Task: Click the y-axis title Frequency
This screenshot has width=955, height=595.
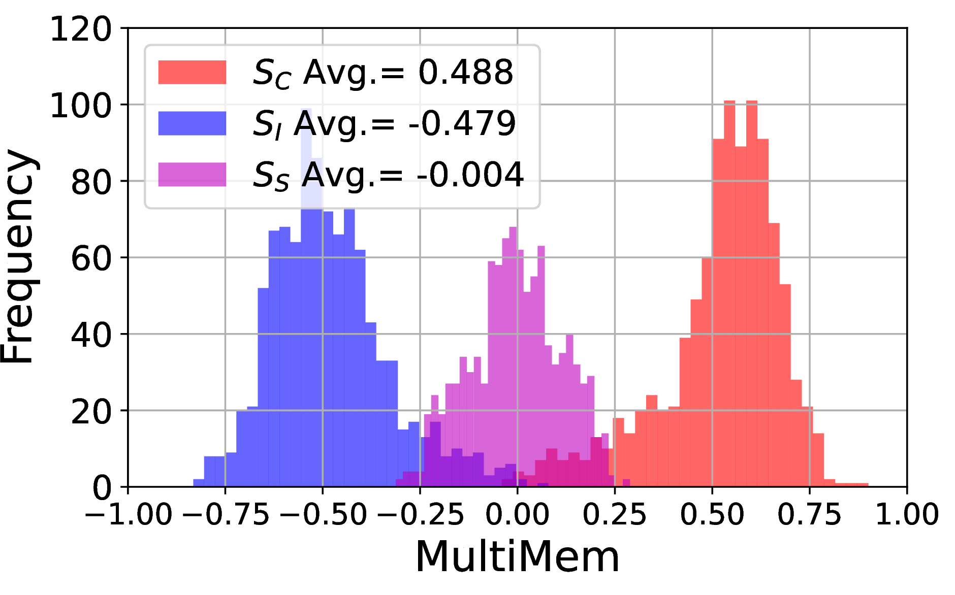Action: coord(18,256)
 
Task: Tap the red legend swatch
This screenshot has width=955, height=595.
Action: coord(192,72)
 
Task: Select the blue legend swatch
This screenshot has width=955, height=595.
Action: coord(192,123)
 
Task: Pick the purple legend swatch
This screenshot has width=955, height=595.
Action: coord(192,174)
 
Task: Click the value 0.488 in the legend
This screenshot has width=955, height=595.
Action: coord(466,72)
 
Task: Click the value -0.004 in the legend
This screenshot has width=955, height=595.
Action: coord(470,175)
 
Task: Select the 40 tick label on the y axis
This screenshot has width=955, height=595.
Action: coord(91,335)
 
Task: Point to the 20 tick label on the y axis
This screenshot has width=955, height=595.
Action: coord(91,411)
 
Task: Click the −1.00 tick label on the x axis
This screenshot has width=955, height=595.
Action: coord(129,514)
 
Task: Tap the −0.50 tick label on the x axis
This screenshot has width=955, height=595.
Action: coord(323,514)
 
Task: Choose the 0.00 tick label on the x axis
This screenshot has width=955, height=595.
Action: coord(518,514)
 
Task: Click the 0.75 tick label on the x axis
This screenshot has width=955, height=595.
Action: coord(810,514)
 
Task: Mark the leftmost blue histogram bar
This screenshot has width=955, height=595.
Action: coord(199,483)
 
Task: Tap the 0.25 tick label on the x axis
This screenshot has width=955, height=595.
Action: coord(615,514)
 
